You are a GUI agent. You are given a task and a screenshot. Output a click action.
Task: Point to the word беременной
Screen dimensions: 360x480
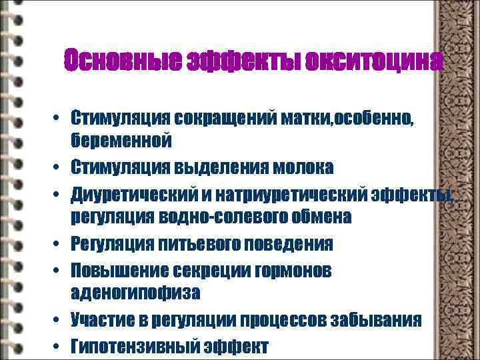[122, 140]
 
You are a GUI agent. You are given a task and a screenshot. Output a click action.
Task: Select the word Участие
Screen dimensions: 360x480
[103, 320]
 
